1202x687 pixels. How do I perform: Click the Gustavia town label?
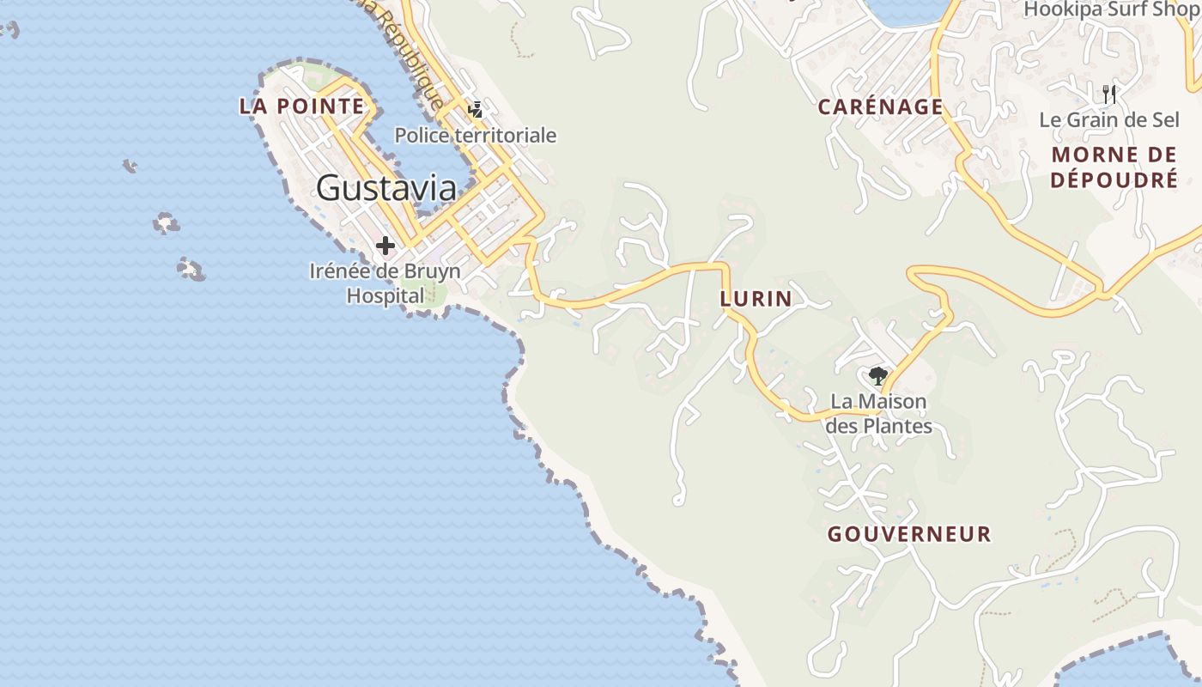(385, 187)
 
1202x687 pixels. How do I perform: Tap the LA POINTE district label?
(301, 106)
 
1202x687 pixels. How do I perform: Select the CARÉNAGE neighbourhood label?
(880, 106)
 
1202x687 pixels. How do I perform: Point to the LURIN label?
(756, 299)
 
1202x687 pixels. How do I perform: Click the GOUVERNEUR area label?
(909, 534)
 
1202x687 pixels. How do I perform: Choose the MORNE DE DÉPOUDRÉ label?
(1114, 167)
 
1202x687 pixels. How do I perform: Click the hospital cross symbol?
(385, 246)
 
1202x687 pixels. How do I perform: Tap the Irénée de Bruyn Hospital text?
(385, 283)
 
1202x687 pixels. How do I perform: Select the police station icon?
(475, 110)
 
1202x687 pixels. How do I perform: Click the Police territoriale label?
(476, 136)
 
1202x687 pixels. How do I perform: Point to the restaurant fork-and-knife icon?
(1109, 94)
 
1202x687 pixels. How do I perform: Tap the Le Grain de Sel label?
(1109, 120)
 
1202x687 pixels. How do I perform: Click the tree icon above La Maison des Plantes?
(877, 376)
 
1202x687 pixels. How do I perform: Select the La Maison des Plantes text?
(878, 413)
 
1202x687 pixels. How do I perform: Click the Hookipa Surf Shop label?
(1113, 9)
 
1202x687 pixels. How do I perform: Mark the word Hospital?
(385, 295)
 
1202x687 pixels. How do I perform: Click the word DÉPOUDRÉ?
(1114, 180)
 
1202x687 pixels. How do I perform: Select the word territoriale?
(512, 136)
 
